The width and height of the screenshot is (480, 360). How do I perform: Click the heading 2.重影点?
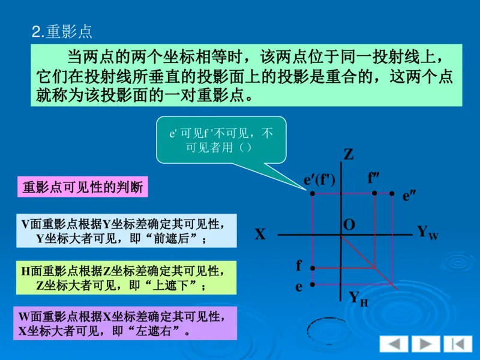[62, 32]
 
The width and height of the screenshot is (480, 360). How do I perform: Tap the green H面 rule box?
[125, 278]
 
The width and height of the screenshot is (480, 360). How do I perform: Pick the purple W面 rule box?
[125, 323]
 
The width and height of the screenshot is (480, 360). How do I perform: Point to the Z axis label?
[348, 155]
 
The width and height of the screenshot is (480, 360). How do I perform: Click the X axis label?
[259, 235]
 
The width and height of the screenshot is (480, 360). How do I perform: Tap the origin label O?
[349, 225]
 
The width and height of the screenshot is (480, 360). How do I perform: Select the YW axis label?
[427, 232]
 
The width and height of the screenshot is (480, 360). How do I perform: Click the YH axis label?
[358, 298]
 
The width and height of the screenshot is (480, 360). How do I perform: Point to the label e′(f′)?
[319, 179]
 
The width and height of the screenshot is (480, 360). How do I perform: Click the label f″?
[374, 178]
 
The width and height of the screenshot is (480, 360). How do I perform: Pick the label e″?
[409, 195]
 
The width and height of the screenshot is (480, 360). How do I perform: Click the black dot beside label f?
[312, 268]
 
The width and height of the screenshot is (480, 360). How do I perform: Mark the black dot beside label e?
[312, 284]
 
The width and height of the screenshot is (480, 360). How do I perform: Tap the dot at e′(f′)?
[312, 193]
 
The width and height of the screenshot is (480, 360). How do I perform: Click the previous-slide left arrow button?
[394, 344]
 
